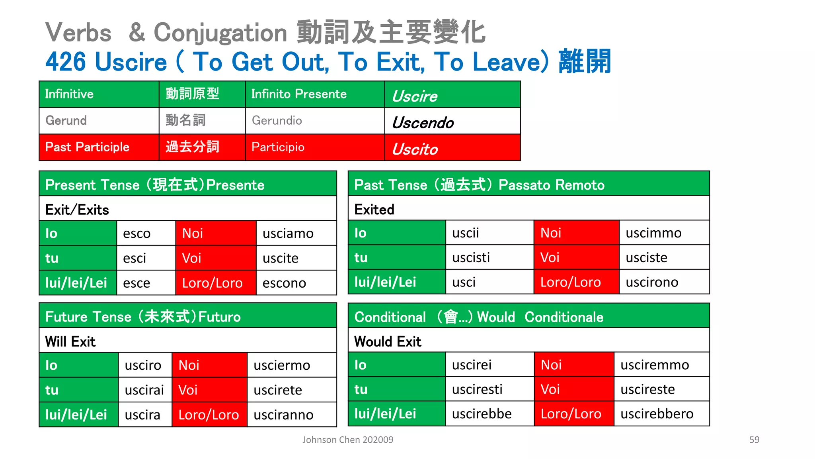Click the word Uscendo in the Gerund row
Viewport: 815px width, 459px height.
(423, 123)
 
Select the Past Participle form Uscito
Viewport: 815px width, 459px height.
(415, 149)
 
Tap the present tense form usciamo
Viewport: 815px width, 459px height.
(288, 233)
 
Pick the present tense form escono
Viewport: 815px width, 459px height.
(284, 283)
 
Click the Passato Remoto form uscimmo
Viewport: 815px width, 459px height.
(653, 233)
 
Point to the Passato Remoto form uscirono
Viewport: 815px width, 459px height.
(652, 282)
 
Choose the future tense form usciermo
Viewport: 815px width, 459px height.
(282, 365)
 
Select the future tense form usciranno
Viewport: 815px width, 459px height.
(283, 415)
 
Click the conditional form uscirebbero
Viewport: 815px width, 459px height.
(657, 414)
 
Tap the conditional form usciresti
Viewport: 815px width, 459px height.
(477, 389)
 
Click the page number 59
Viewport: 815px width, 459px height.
(754, 440)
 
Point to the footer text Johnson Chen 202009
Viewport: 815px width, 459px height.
(348, 440)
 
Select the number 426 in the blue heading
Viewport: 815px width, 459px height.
(66, 62)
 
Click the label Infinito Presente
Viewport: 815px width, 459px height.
(299, 94)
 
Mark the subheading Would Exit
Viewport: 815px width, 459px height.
(388, 341)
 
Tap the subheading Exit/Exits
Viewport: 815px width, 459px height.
(77, 210)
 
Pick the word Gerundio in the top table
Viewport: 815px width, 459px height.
(277, 120)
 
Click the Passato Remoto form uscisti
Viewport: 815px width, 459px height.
(471, 258)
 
